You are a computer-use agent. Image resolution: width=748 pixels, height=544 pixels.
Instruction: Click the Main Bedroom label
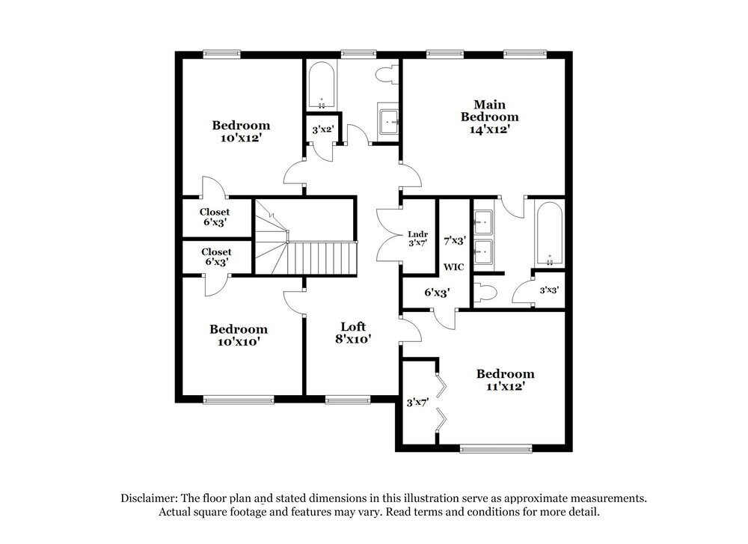(x=489, y=111)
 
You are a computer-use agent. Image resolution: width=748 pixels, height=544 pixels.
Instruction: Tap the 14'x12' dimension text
(x=489, y=129)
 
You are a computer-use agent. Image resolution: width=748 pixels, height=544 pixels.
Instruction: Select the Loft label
(x=353, y=326)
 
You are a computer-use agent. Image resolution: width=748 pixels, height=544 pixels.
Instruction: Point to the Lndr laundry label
(x=417, y=233)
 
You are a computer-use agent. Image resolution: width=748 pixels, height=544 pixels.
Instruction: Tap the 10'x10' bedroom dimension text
(x=238, y=341)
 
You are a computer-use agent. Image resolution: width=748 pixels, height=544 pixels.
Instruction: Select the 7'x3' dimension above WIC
(x=455, y=241)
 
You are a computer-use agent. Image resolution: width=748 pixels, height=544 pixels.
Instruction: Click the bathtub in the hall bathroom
(x=322, y=85)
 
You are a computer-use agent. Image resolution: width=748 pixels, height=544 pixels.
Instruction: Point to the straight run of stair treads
(x=322, y=258)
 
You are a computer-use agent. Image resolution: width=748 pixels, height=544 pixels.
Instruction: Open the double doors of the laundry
(x=388, y=233)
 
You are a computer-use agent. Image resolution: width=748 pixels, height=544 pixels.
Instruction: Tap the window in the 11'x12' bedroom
(x=496, y=449)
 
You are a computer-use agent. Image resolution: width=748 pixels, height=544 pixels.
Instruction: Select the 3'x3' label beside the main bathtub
(x=549, y=290)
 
